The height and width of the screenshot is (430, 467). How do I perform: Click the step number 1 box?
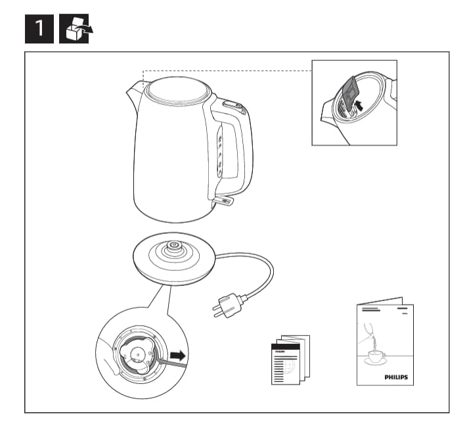point(39,29)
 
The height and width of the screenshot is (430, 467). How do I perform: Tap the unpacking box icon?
point(74,29)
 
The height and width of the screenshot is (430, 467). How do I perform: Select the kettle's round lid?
point(177,90)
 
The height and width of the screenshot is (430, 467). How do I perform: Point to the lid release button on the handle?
point(233,105)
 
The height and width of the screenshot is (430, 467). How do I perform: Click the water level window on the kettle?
point(221,151)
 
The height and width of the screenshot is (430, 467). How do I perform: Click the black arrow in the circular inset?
point(178,356)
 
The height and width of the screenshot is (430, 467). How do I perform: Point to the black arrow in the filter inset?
point(360,105)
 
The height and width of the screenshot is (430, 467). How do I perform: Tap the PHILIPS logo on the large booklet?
point(396,377)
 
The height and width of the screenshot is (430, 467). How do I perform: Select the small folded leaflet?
point(290,360)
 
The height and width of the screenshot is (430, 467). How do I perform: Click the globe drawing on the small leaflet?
point(291,367)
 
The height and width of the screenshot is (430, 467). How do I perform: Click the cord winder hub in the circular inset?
point(137,354)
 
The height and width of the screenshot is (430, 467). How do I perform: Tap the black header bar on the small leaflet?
point(285,346)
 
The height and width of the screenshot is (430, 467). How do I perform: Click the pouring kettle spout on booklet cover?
point(368,329)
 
